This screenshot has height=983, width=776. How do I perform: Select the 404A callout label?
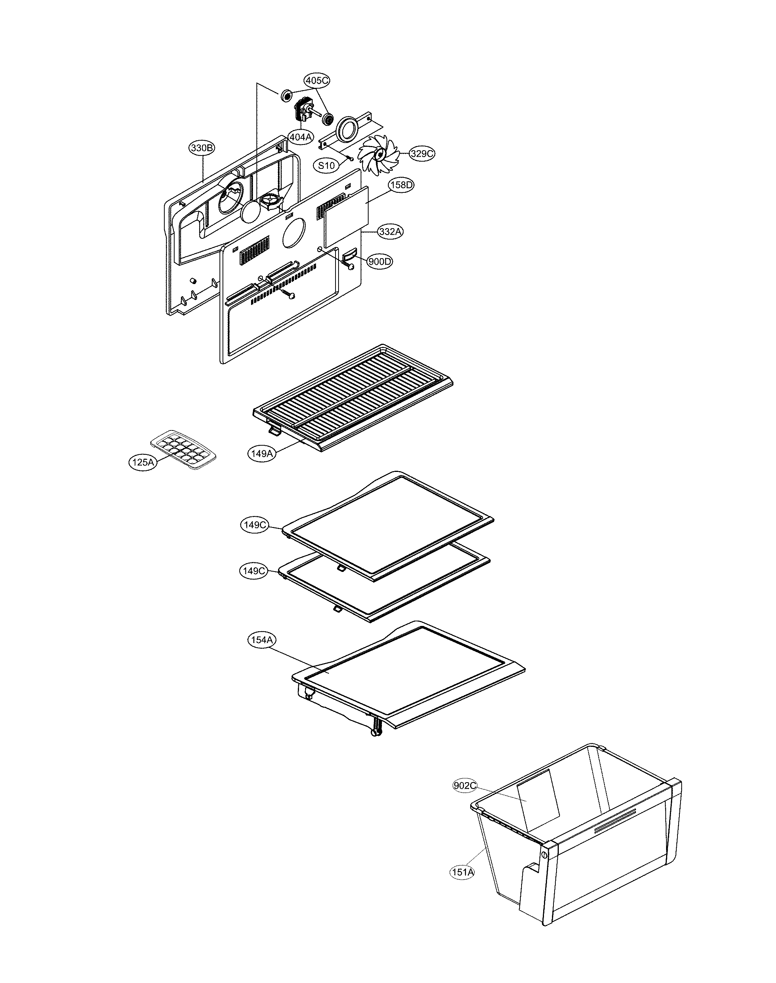click(x=300, y=137)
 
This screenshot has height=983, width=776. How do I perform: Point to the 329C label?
click(x=421, y=154)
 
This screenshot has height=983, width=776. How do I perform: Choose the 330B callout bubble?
click(x=202, y=148)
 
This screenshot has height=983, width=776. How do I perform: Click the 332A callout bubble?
click(x=390, y=231)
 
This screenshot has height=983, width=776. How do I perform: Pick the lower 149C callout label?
click(x=253, y=572)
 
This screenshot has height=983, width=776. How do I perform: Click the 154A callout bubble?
click(x=262, y=640)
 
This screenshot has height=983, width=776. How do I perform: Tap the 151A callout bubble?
click(x=463, y=872)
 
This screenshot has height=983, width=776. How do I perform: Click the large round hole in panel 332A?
click(x=294, y=233)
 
